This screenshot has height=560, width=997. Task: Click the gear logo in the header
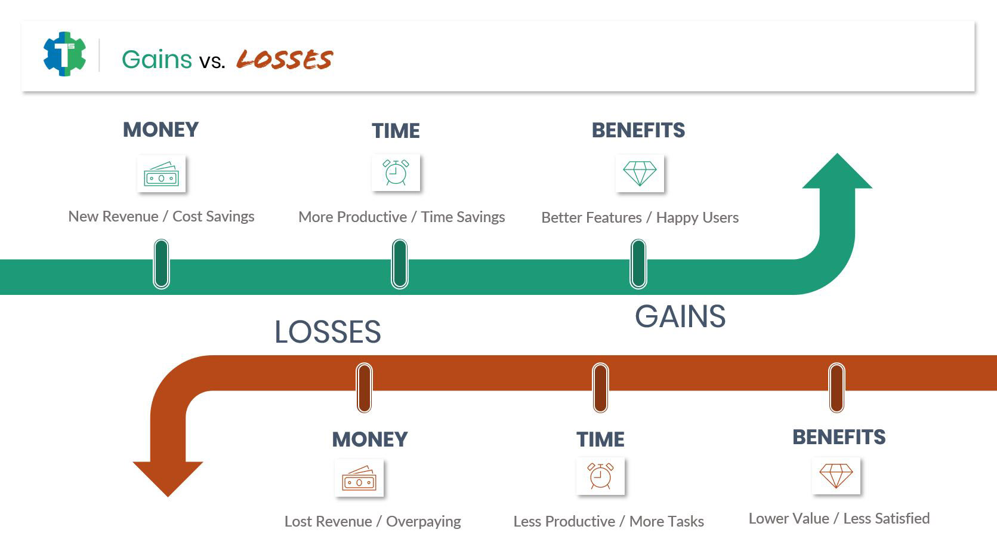pos(64,54)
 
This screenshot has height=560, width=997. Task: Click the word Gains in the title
pos(157,59)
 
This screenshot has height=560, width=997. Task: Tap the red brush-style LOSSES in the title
pos(285,59)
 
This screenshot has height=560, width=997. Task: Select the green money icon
pos(161,174)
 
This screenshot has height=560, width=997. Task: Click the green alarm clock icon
pos(396,173)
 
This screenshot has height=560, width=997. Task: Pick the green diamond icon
pos(640,173)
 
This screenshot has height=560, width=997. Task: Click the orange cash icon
pos(359,478)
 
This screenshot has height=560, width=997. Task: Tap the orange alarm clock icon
pos(600,476)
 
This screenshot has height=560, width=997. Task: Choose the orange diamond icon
pos(837,476)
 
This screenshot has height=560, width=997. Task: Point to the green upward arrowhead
pos(837,171)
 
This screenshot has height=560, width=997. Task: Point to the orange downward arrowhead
pos(168,479)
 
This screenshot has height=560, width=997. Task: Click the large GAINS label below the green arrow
pos(680,317)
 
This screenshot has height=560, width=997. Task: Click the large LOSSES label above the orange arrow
pos(328,332)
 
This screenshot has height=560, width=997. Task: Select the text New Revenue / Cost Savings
pos(161,217)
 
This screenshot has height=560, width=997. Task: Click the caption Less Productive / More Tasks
pos(609,521)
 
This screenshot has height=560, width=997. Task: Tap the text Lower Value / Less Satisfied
pos(839,519)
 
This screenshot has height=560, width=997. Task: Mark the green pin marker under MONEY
pos(161,264)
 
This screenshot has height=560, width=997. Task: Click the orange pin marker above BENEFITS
pos(837,387)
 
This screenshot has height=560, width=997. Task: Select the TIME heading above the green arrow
pos(396,131)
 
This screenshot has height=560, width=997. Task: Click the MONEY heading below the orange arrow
pos(370,440)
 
